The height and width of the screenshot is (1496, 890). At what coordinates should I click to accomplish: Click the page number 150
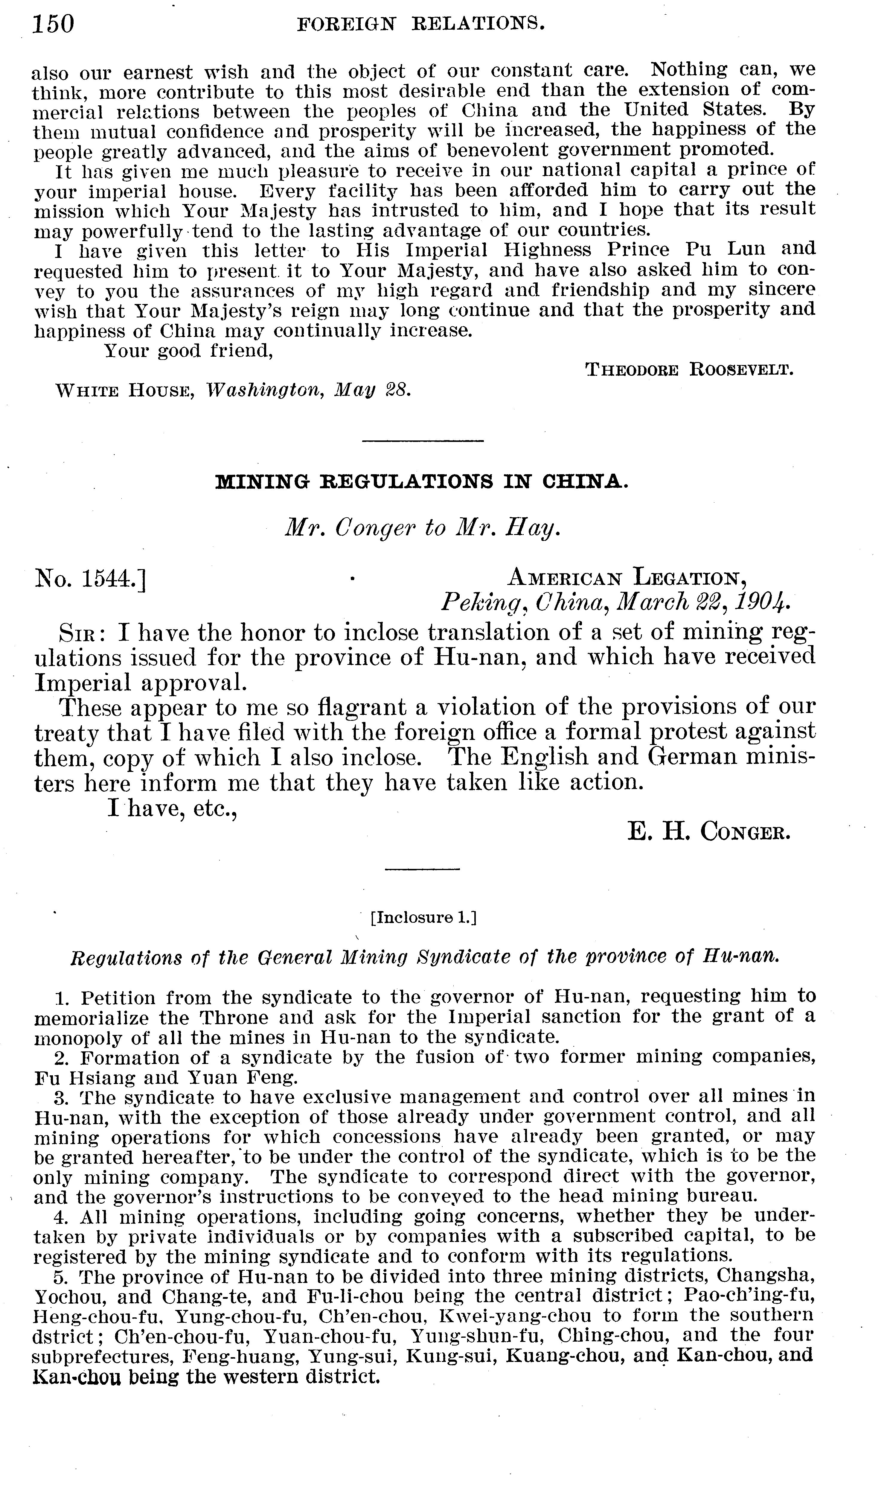coord(53,25)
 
